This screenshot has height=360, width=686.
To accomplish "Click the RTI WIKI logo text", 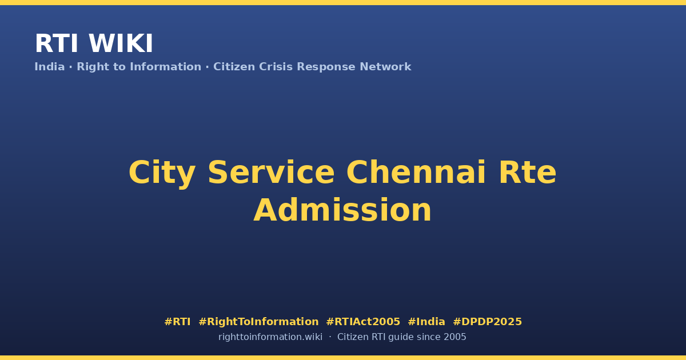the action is pyautogui.click(x=94, y=43).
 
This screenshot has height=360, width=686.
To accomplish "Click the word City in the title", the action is pyautogui.click(x=162, y=174).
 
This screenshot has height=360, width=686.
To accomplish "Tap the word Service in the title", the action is pyautogui.click(x=271, y=173).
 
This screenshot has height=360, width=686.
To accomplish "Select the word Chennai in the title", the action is pyautogui.click(x=416, y=173).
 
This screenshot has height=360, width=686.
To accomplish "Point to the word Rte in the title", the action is pyautogui.click(x=527, y=173).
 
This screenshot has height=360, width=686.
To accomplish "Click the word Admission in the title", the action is pyautogui.click(x=342, y=210).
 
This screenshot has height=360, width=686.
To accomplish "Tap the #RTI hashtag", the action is pyautogui.click(x=177, y=322).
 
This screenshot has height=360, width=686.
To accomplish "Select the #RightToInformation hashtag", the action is pyautogui.click(x=258, y=322).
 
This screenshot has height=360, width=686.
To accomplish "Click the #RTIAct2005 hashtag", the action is pyautogui.click(x=363, y=322).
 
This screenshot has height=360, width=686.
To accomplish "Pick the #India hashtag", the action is pyautogui.click(x=426, y=322).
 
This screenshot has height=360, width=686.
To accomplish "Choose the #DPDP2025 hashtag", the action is pyautogui.click(x=487, y=322).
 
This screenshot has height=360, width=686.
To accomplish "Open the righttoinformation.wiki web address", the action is pyautogui.click(x=270, y=337).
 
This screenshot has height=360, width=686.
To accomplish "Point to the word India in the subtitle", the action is pyautogui.click(x=50, y=67).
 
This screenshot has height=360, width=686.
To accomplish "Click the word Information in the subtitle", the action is pyautogui.click(x=166, y=67).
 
